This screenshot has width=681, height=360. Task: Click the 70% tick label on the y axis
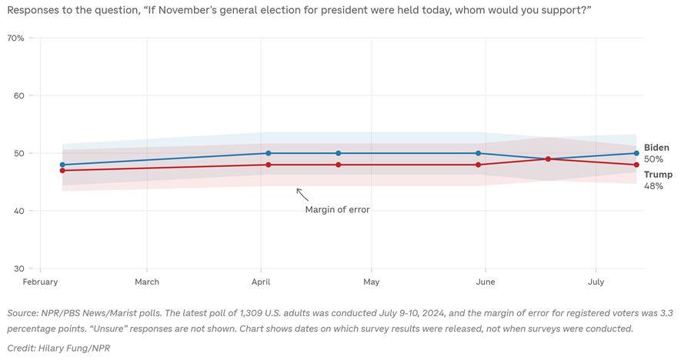15,38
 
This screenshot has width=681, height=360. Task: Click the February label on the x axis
40,282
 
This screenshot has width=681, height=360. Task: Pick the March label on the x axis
147,282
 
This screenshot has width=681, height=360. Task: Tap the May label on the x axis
371,282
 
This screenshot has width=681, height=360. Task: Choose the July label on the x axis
596,282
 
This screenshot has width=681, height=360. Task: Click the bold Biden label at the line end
656,148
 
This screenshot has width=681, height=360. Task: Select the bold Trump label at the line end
658,175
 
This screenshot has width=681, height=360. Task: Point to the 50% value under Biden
653,159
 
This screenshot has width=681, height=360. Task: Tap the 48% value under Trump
653,186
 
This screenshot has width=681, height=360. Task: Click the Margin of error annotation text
337,209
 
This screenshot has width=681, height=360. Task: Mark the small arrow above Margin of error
302,195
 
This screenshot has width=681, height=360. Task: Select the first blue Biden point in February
62,165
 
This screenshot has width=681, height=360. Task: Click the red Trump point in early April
267,165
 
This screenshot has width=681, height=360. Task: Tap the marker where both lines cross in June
548,159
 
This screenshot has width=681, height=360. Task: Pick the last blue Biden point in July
636,153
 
